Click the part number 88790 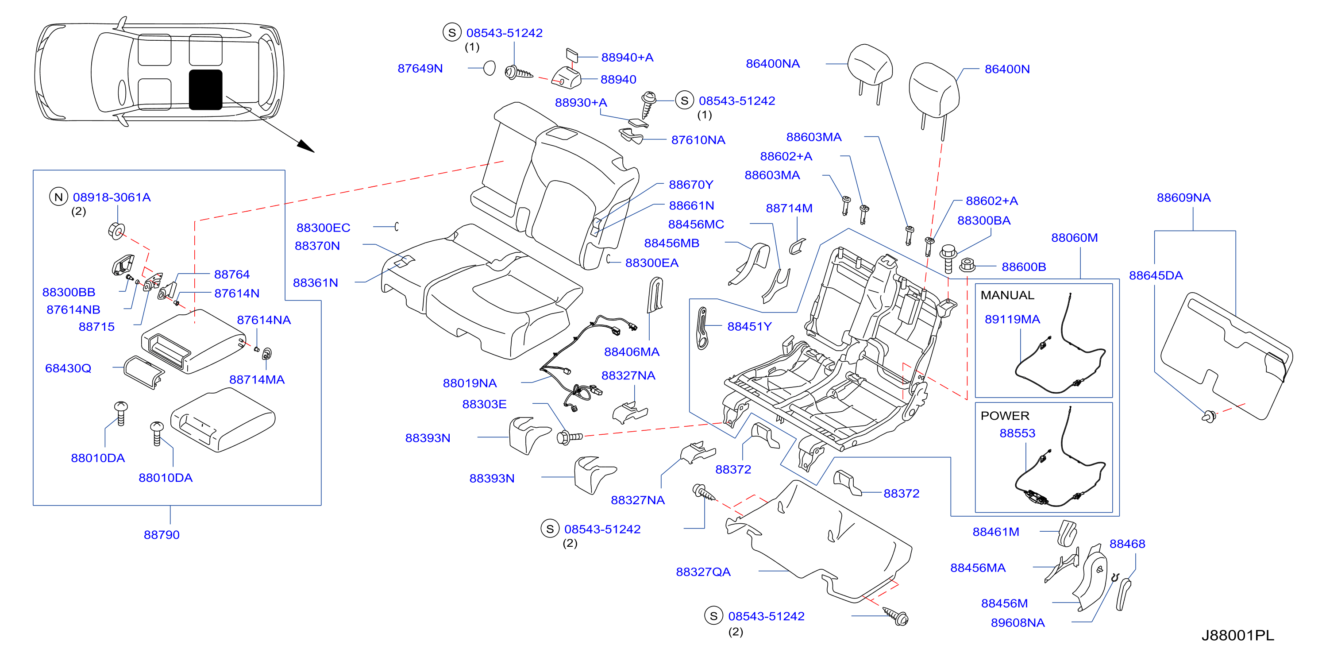[x=162, y=535]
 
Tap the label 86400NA [x=773, y=64]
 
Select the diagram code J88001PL [x=1238, y=636]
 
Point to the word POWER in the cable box [x=1005, y=416]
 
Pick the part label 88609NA [x=1183, y=198]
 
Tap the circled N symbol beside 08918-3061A [x=59, y=197]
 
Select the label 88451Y [x=749, y=326]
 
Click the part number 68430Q [x=68, y=369]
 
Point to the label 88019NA [x=470, y=383]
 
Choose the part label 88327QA [x=703, y=572]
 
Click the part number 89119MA [x=1013, y=320]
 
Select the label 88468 [x=1127, y=544]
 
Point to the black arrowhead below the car [x=306, y=146]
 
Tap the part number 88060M [x=1074, y=238]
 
